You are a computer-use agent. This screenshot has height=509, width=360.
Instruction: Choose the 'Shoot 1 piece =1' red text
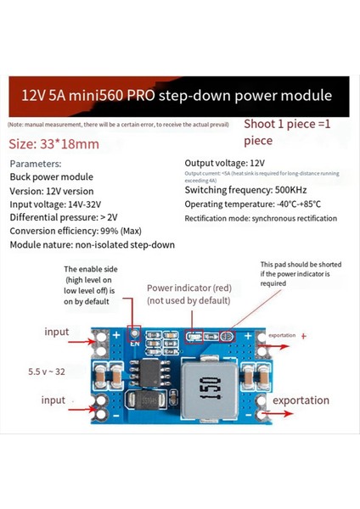click(x=288, y=124)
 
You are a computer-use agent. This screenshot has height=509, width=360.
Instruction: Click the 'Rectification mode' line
click(x=261, y=218)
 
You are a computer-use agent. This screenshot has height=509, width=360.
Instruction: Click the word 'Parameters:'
click(x=36, y=163)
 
